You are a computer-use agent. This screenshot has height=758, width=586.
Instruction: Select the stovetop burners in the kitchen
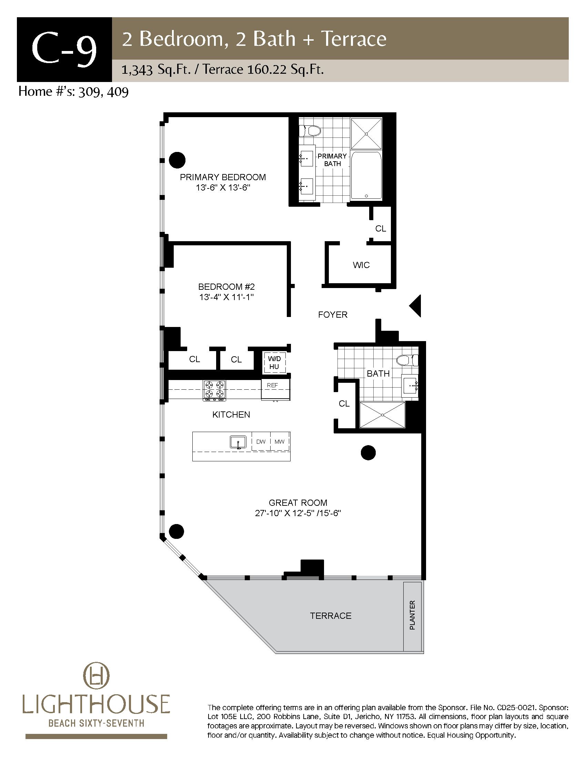[x=214, y=390]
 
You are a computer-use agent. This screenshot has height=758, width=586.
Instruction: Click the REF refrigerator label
[x=273, y=385]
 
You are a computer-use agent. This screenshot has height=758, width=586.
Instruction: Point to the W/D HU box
[x=274, y=363]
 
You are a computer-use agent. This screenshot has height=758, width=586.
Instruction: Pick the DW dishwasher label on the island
[x=261, y=441]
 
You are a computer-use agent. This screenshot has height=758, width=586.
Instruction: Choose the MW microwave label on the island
[x=280, y=441]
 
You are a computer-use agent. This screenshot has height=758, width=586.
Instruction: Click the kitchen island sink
[x=238, y=442]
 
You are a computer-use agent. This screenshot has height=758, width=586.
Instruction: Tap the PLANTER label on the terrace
[x=412, y=615]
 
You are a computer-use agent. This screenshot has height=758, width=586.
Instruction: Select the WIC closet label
[x=361, y=265]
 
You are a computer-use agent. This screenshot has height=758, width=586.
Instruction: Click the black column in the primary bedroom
[x=177, y=160]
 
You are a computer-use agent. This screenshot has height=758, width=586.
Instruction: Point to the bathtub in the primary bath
[x=366, y=176]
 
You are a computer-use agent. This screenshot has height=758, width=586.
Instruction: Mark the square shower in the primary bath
[x=366, y=134]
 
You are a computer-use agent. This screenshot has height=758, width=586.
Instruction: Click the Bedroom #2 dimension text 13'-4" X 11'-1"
[x=227, y=297]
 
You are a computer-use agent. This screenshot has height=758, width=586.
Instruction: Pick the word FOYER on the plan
[x=333, y=315]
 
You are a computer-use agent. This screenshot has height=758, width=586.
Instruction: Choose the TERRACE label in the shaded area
[x=331, y=616]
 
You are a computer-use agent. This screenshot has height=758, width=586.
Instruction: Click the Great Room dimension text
[x=298, y=513]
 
